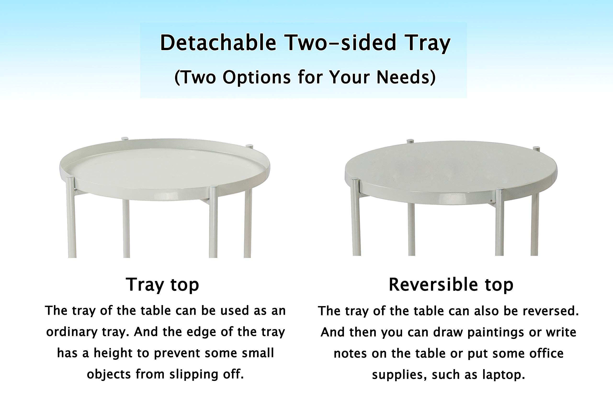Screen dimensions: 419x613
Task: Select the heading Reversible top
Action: point(451,285)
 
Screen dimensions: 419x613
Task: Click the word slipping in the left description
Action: point(194,374)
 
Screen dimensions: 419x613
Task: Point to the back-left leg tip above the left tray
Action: point(125,138)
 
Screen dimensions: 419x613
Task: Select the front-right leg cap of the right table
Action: point(499,190)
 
